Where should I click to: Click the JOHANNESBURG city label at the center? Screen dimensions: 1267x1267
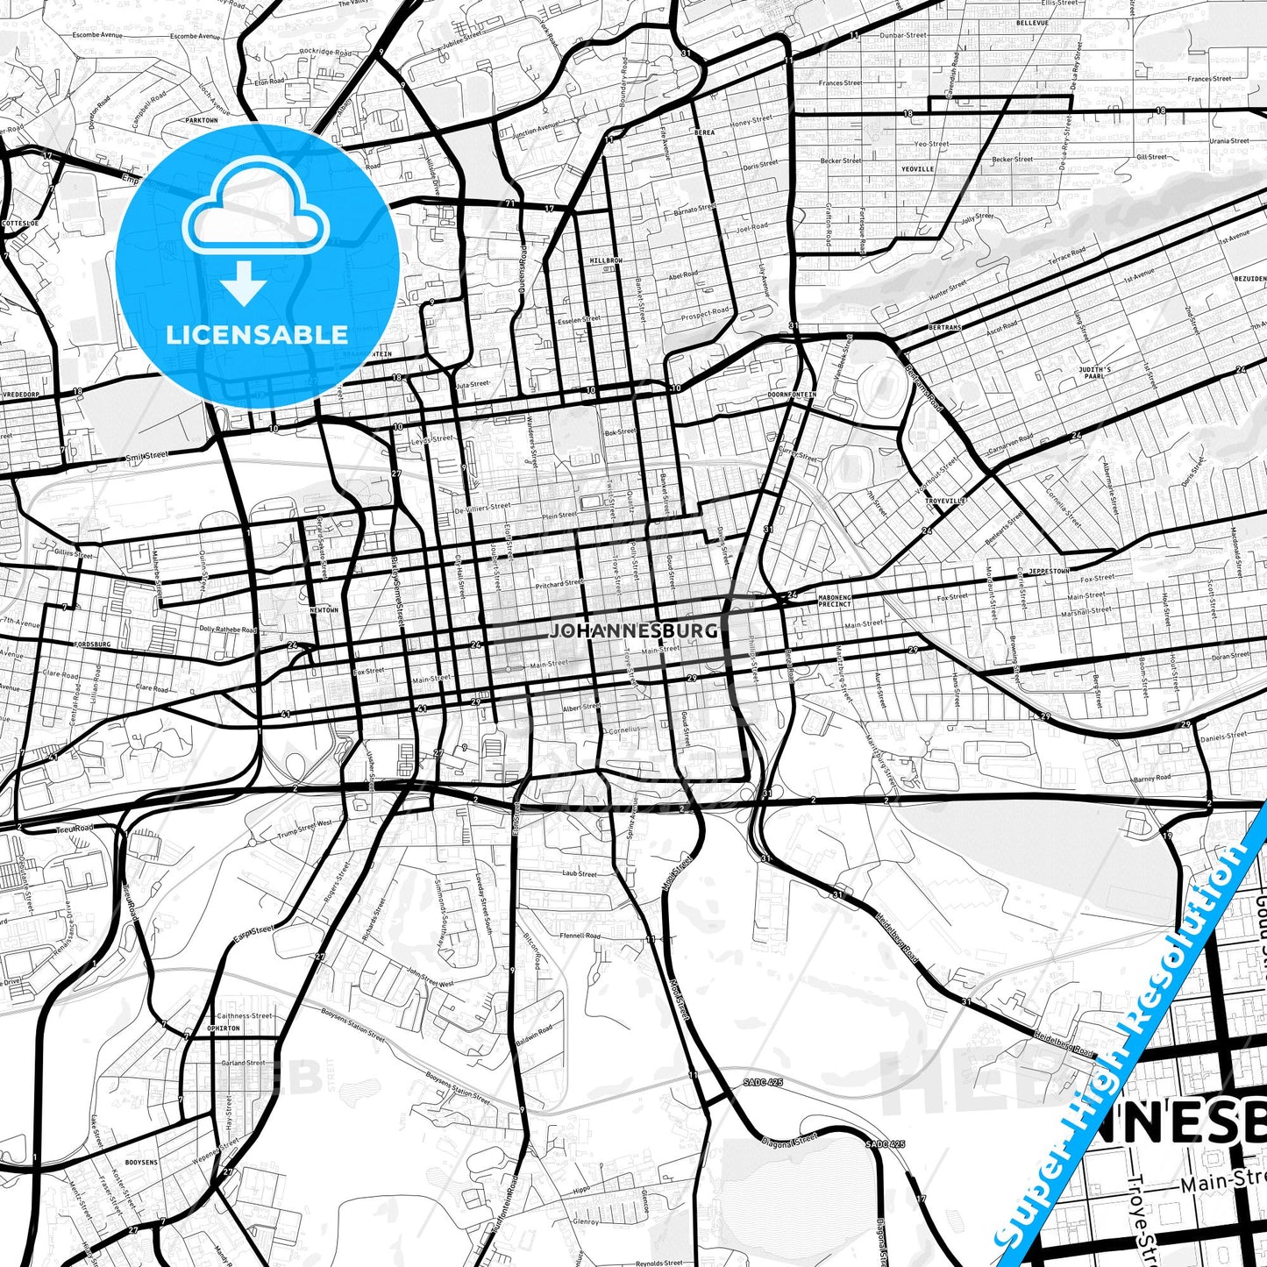click(633, 630)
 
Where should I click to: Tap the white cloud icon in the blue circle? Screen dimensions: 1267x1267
click(256, 210)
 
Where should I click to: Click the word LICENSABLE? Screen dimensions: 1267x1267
click(257, 334)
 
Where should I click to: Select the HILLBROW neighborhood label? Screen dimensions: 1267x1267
click(605, 261)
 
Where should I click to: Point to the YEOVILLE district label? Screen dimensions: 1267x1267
click(918, 168)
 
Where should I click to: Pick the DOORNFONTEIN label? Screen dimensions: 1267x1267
click(792, 395)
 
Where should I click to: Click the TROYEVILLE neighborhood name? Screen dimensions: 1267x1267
click(944, 500)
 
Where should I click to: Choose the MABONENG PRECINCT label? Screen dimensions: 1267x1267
click(834, 601)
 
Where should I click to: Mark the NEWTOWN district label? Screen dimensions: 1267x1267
click(324, 609)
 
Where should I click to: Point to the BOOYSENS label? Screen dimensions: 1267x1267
click(141, 1163)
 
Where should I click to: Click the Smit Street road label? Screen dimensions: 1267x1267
click(146, 456)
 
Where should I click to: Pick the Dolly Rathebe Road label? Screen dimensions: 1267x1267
click(227, 630)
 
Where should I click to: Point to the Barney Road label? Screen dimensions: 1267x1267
click(1151, 778)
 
